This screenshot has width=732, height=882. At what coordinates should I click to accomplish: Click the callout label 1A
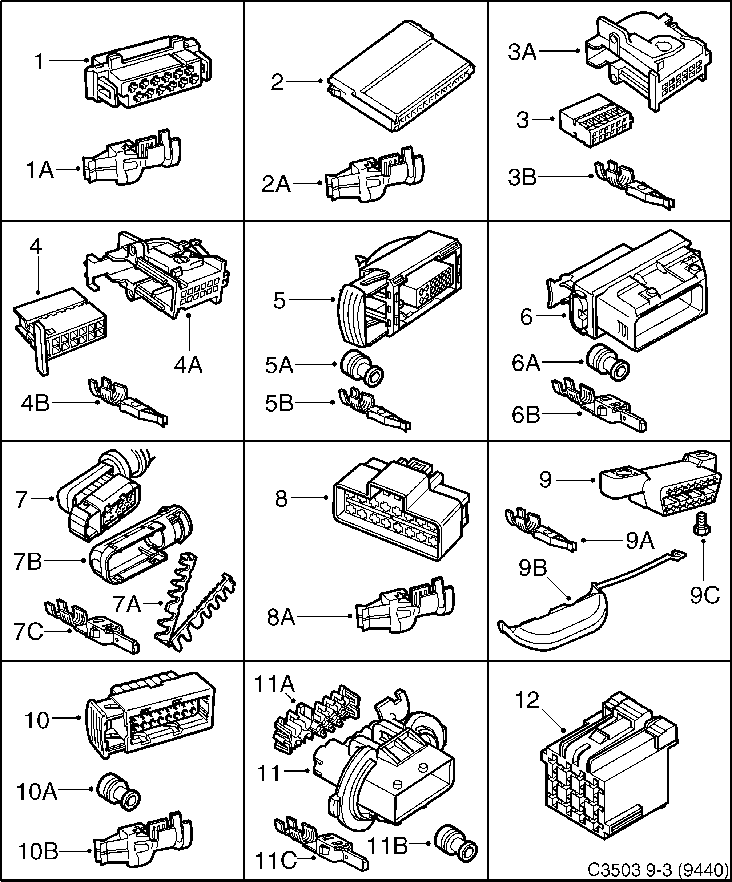coord(40,170)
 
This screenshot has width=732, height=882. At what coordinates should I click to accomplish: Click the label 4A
coord(188,365)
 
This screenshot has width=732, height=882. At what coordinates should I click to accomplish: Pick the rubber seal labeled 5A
coord(361,368)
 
